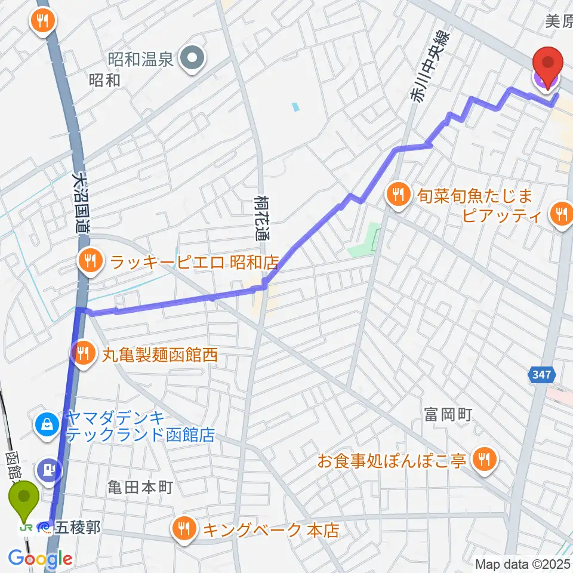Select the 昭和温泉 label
(x=140, y=58)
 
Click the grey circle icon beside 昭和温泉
(x=193, y=58)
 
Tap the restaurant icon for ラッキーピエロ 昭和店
(x=90, y=260)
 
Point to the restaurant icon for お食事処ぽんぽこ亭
(x=482, y=458)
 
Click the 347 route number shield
(x=542, y=375)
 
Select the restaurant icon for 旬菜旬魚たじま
(x=396, y=193)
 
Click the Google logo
(x=40, y=559)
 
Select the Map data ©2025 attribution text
(x=523, y=563)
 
